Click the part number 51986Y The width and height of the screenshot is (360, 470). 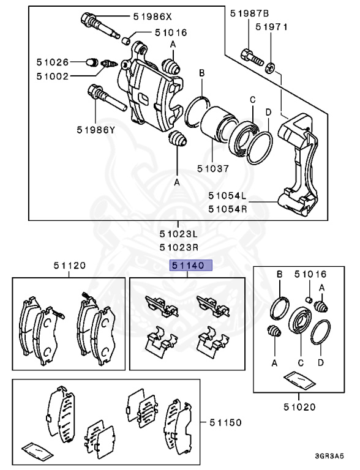point(96,129)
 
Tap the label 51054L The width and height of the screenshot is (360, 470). point(227,196)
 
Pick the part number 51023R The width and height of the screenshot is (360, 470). point(179,247)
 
